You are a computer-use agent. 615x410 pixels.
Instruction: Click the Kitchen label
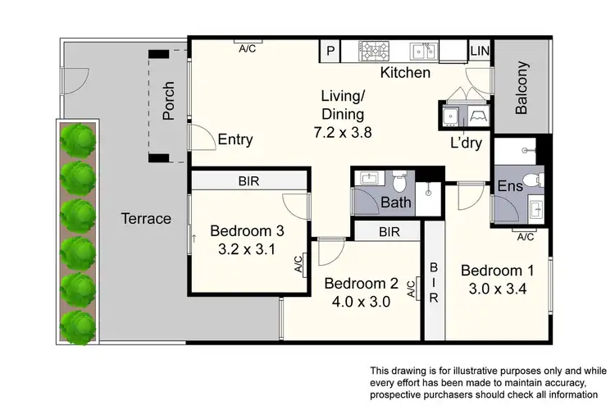click(x=405, y=73)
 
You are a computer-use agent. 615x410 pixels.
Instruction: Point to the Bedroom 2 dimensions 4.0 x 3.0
click(x=361, y=301)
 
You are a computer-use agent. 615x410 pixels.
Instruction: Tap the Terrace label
click(x=146, y=219)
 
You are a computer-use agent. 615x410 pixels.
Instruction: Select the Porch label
click(x=169, y=100)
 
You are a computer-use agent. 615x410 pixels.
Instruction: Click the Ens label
click(x=510, y=187)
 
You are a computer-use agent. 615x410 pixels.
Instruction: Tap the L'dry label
click(x=465, y=143)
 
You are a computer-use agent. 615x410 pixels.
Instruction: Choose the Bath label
click(x=396, y=203)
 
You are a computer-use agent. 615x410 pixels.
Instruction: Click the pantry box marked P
click(x=331, y=51)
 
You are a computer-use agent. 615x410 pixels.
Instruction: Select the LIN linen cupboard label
click(x=480, y=51)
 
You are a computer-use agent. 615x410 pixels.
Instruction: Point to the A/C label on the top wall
click(x=248, y=48)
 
